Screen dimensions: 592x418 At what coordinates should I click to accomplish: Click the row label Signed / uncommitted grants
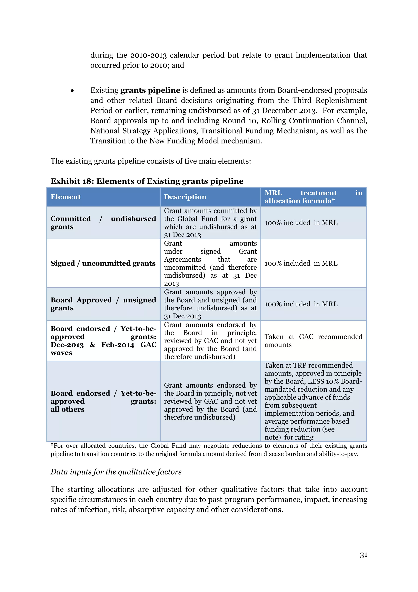pyautogui.click(x=103, y=263)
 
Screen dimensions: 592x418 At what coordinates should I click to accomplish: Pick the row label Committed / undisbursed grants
pyautogui.click(x=103, y=223)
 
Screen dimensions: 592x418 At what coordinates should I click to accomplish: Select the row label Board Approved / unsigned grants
pyautogui.click(x=103, y=304)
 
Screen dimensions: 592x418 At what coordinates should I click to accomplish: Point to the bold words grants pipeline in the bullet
pyautogui.click(x=150, y=90)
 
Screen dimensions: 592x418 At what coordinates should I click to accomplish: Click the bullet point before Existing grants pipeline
pyautogui.click(x=72, y=91)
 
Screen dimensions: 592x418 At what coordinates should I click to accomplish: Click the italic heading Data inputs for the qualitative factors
pyautogui.click(x=116, y=472)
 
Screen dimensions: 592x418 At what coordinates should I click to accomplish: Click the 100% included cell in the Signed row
pyautogui.click(x=301, y=263)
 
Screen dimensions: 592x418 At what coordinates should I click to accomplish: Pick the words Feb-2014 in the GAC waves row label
pyautogui.click(x=118, y=345)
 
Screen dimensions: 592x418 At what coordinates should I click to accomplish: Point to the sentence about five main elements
pyautogui.click(x=151, y=161)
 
